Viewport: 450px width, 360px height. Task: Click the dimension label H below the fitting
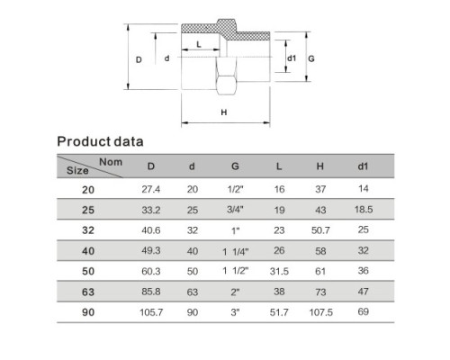tap(224, 112)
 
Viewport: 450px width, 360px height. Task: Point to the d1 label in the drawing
tap(292, 58)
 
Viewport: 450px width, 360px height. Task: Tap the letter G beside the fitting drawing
tap(311, 58)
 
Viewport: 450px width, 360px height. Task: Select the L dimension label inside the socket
tap(199, 45)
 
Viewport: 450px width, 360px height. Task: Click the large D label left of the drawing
tap(139, 59)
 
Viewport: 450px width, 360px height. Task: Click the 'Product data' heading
tap(100, 141)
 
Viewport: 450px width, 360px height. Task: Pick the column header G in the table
tap(235, 166)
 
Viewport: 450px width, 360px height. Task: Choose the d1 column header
tap(363, 166)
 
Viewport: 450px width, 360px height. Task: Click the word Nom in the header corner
tap(111, 162)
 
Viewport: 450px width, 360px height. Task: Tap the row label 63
tap(88, 292)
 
